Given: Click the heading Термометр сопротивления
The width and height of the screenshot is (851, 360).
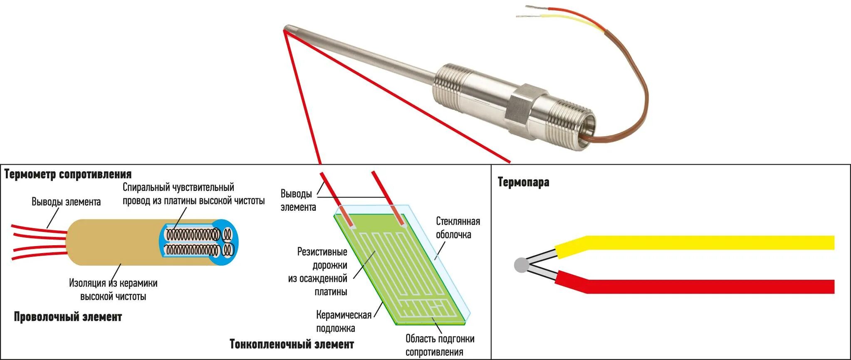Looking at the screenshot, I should click(68, 174).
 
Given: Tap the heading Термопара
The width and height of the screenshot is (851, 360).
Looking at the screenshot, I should click(523, 182).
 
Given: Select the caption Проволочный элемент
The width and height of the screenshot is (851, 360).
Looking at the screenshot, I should click(68, 317).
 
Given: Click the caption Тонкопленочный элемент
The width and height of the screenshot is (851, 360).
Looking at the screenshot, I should click(292, 344).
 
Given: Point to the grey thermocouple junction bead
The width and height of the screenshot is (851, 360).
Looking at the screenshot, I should click(521, 265).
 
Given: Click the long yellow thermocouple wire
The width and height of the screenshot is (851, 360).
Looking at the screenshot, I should click(707, 242).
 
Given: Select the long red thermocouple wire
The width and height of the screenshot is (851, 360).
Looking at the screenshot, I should click(707, 286).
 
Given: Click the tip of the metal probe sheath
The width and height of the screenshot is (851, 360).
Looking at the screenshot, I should click(286, 29).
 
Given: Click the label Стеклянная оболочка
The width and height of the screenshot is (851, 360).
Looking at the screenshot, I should click(458, 228).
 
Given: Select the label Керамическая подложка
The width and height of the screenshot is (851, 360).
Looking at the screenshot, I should click(343, 321).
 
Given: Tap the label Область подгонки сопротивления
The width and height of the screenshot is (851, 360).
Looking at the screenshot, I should click(440, 345).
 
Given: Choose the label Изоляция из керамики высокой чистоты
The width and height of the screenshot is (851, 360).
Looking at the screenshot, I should click(113, 290).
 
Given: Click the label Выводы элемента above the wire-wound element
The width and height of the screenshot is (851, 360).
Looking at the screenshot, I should click(66, 202).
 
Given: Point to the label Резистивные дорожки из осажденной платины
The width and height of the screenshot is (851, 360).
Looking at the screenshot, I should click(322, 271).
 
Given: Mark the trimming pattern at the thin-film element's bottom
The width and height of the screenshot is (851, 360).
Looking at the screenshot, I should click(424, 310).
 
